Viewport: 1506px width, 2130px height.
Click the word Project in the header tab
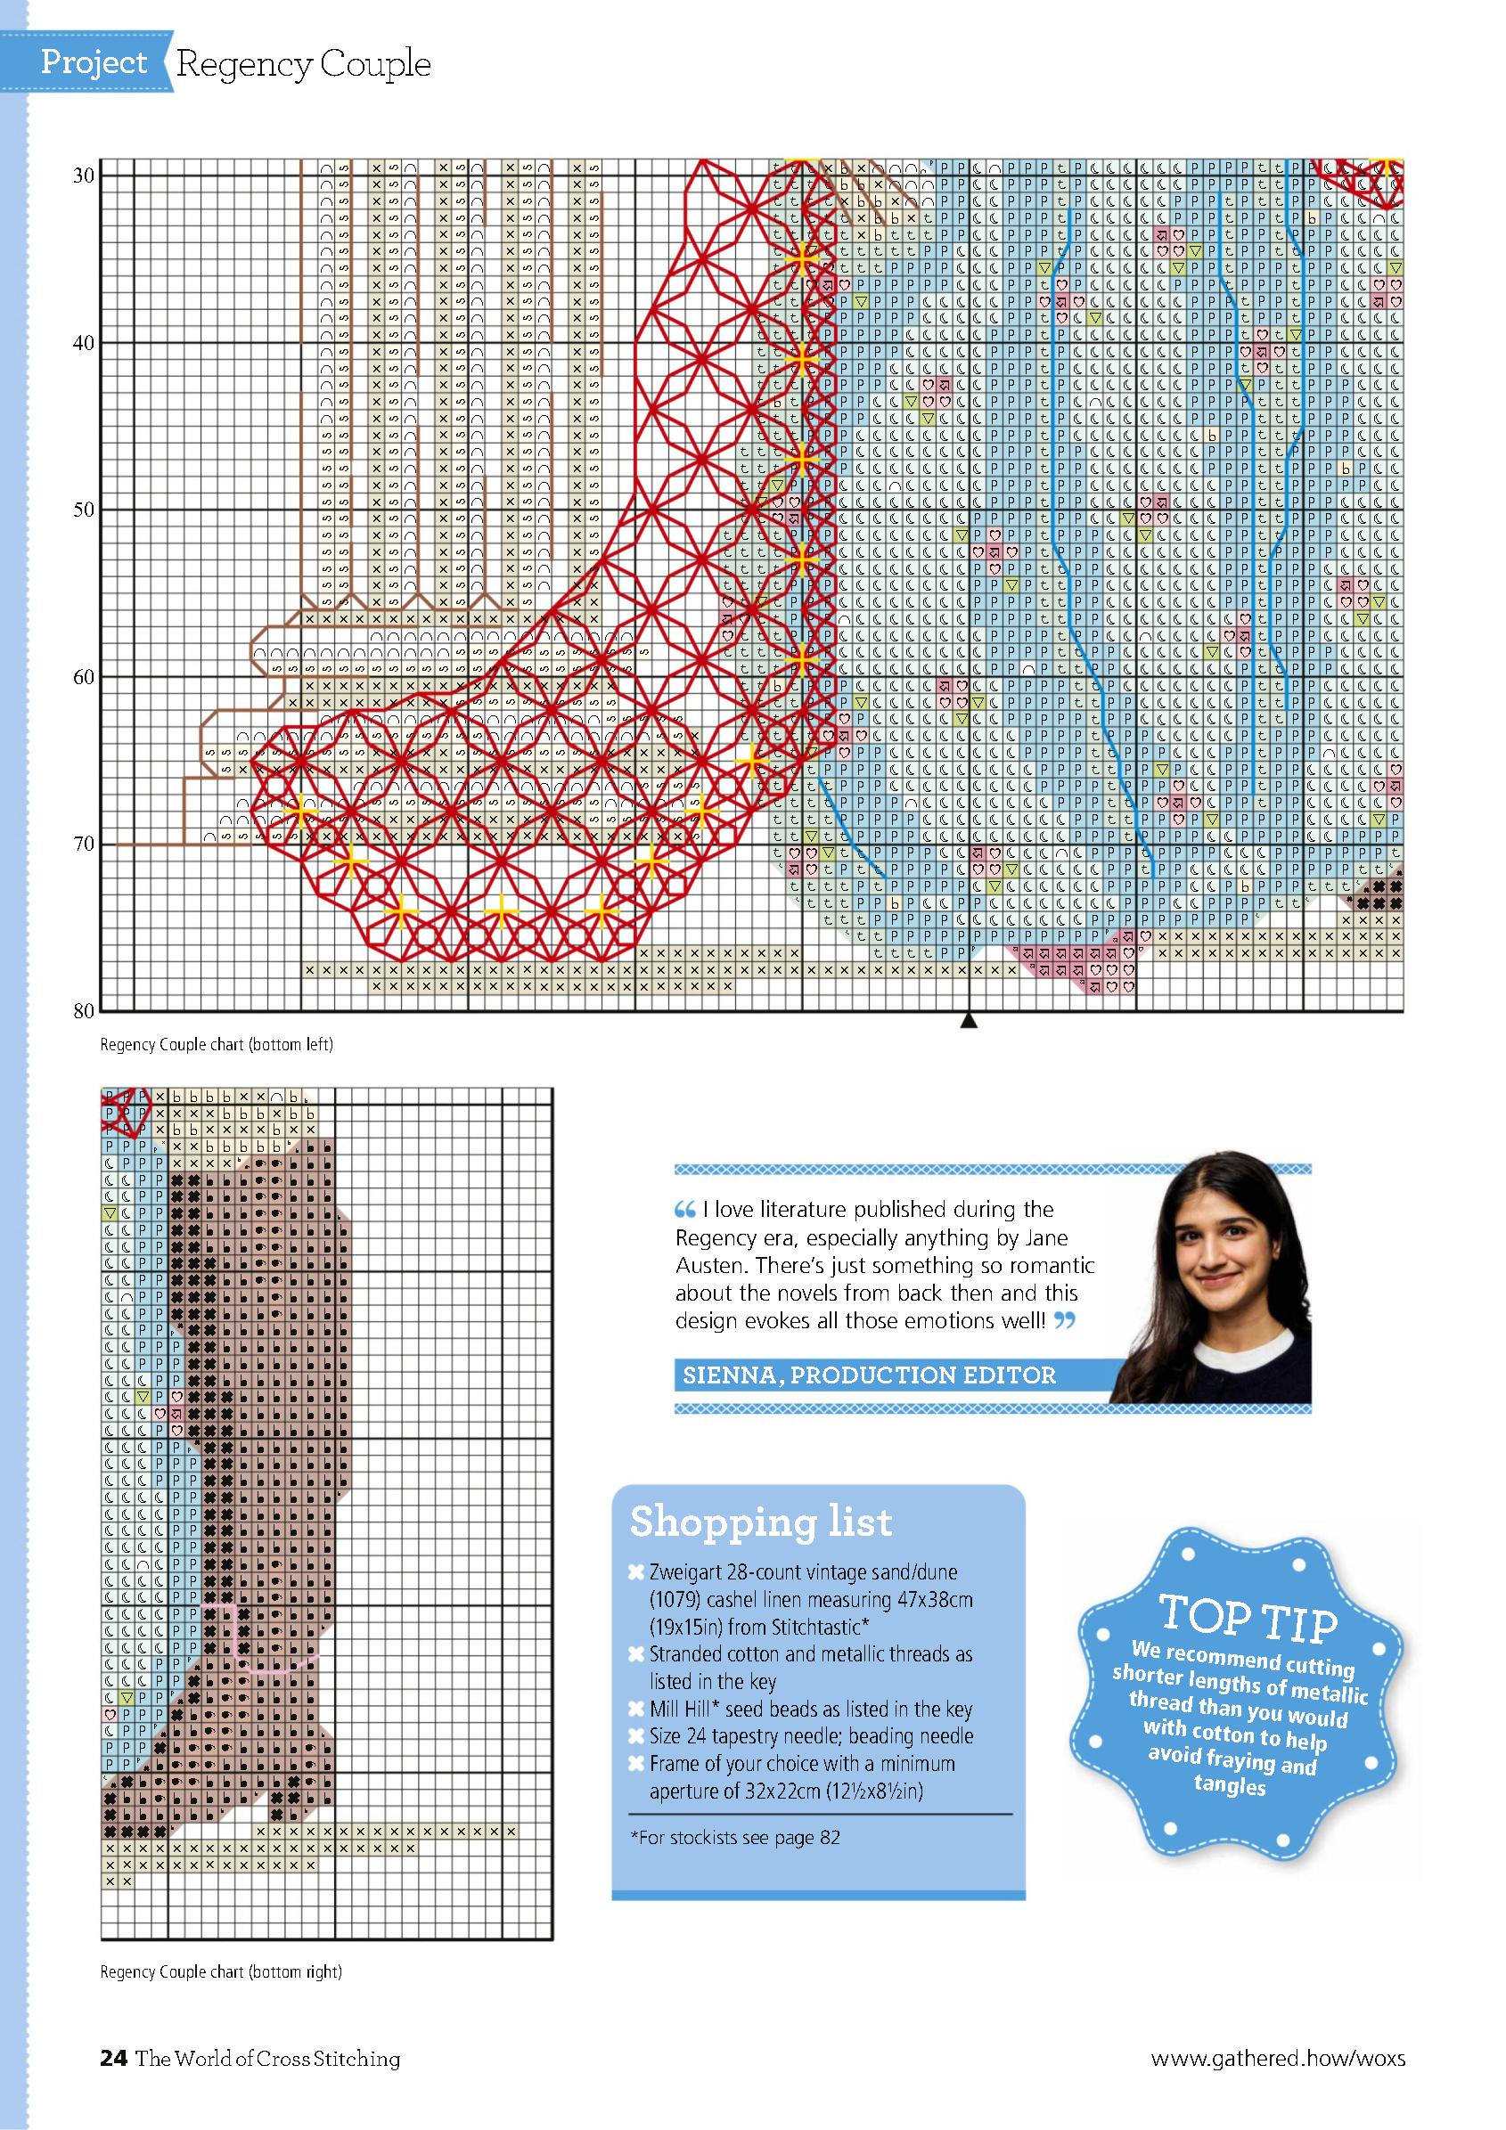[x=94, y=63]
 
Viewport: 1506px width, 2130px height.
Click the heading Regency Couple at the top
[x=302, y=65]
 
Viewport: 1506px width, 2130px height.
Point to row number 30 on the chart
[x=83, y=176]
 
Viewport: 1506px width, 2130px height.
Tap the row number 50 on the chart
[x=83, y=510]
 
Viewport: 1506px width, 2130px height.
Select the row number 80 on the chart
[x=83, y=1011]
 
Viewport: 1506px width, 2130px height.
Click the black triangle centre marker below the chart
[x=969, y=1022]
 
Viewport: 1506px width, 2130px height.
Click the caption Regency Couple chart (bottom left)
[x=217, y=1045]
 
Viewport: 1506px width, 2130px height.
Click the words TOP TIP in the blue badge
[x=1248, y=1617]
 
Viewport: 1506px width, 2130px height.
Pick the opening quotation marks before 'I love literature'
[x=684, y=1210]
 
